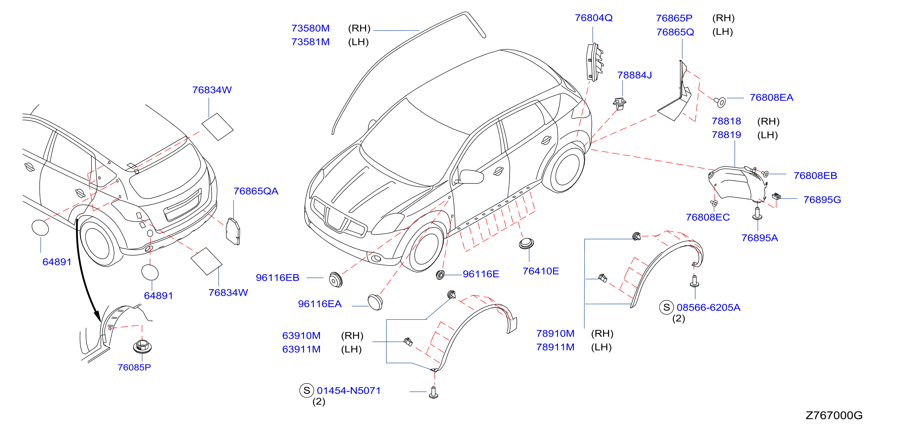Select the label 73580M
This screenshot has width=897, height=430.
click(x=310, y=28)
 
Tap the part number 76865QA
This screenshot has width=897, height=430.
click(x=256, y=191)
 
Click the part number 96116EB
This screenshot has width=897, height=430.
click(x=278, y=278)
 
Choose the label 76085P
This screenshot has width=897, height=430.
click(x=134, y=367)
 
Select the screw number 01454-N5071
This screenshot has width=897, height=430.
click(x=349, y=391)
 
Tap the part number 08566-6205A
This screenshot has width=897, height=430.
click(x=708, y=307)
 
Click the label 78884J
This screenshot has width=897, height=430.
click(x=634, y=75)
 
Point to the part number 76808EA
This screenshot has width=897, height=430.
click(x=771, y=98)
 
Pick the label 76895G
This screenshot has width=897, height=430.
click(x=822, y=200)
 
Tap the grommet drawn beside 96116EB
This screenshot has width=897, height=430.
click(x=336, y=279)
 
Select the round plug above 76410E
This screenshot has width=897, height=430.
click(x=526, y=243)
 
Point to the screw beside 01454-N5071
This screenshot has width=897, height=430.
click(x=433, y=392)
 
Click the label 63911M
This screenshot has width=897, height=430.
click(x=301, y=349)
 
